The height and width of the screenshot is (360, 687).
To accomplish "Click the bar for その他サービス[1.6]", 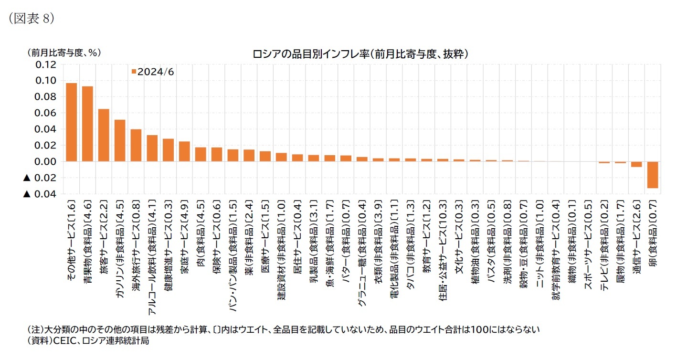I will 71,122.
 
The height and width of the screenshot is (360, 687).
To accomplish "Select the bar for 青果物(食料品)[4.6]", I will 87,124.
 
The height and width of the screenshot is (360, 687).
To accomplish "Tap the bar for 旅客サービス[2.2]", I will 104,135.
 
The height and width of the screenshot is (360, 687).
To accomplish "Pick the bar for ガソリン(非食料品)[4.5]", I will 120,140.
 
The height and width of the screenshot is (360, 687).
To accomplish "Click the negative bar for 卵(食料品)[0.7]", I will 653,175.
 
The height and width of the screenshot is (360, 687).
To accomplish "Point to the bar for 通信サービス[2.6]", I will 636,164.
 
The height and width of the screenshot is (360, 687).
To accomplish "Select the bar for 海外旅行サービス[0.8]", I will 136,145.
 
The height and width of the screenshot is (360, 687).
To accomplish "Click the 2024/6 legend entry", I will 152,72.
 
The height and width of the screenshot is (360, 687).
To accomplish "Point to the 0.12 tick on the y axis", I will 46,64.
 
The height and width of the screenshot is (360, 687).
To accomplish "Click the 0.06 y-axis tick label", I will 46,113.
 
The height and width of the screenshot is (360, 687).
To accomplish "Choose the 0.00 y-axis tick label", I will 46,161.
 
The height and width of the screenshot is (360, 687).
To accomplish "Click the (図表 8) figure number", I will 32,18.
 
